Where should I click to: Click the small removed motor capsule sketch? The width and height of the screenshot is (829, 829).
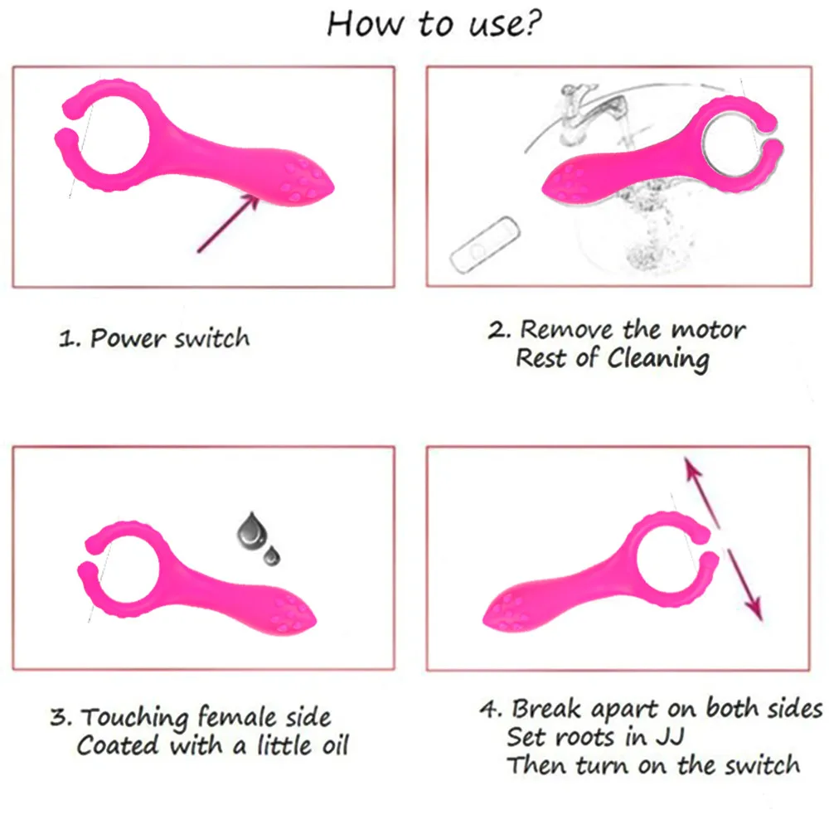pos(482,245)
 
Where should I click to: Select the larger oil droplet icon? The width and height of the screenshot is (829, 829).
pos(249,530)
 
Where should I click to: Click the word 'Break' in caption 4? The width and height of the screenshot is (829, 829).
pos(547,709)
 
